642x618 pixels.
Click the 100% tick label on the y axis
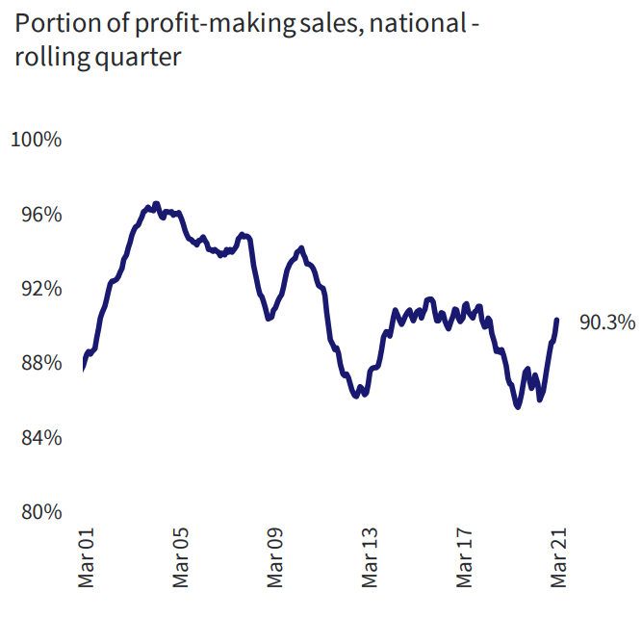click(37, 140)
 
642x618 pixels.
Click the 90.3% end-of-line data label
click(606, 323)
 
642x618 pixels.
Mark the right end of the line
click(557, 320)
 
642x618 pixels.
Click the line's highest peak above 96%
click(156, 204)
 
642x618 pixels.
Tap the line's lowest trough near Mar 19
click(518, 407)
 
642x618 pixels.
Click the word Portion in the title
click(50, 23)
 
